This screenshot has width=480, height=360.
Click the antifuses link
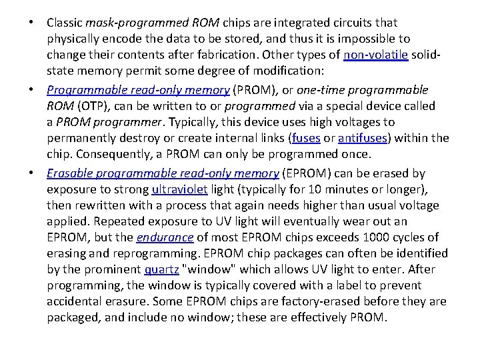pos(363,139)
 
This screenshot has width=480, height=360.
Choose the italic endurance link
pos(165,237)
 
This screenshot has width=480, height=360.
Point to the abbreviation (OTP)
pos(95,106)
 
